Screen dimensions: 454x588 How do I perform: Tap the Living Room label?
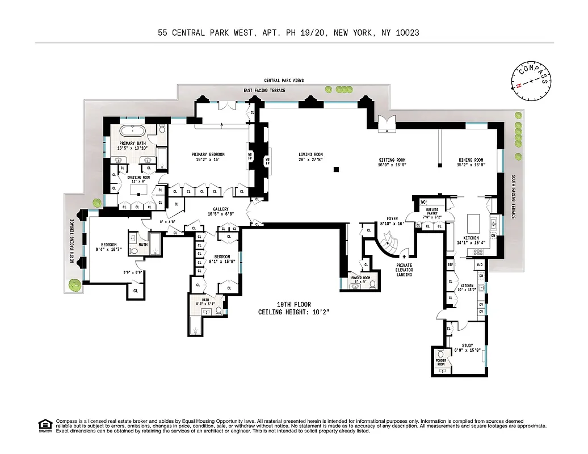310,154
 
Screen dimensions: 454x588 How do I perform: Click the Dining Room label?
471,160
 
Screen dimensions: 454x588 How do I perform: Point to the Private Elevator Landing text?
404,270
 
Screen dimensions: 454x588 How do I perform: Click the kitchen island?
474,221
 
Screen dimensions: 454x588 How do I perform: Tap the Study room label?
467,345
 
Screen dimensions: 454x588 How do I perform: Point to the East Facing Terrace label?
264,90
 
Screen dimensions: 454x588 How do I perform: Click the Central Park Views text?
284,81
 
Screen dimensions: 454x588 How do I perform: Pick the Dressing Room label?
138,177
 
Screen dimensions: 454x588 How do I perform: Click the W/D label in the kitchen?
480,264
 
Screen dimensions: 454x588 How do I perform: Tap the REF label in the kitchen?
450,264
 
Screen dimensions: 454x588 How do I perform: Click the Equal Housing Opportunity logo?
44,424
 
